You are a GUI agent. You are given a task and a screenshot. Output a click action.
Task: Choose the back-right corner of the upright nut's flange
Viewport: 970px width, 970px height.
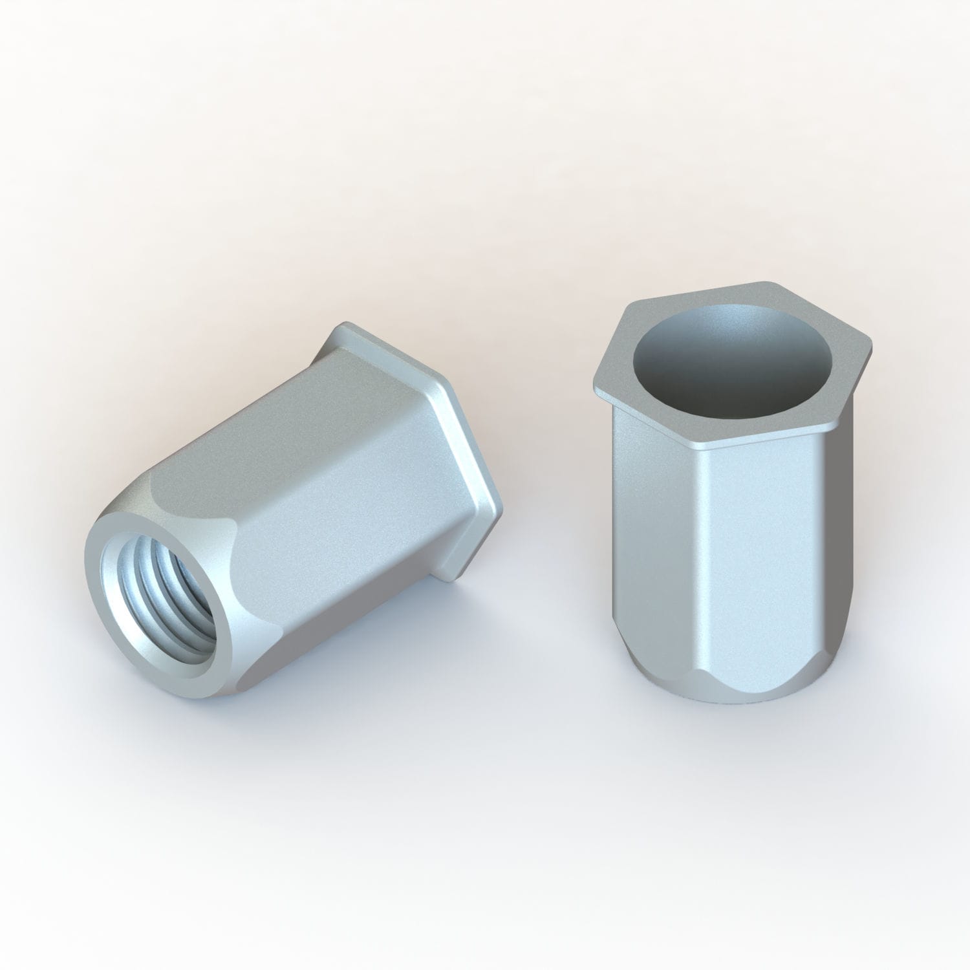pos(766,284)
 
